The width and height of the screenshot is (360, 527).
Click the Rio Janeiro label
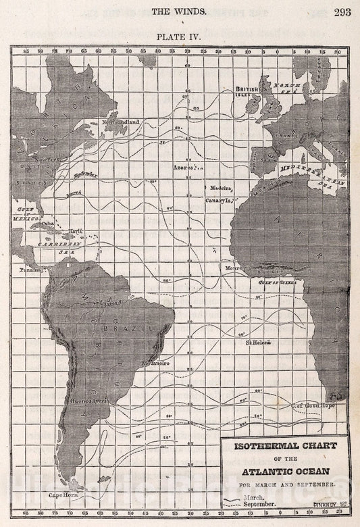point(155,363)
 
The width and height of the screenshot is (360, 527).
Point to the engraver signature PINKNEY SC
point(328,503)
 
